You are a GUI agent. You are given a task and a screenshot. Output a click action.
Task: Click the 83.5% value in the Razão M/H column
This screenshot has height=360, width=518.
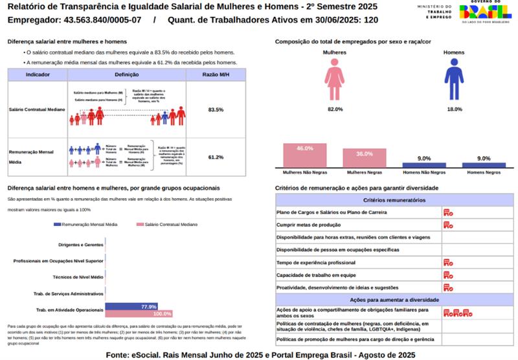pos(216,110)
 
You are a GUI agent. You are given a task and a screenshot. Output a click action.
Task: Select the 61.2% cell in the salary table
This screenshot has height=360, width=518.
pos(216,157)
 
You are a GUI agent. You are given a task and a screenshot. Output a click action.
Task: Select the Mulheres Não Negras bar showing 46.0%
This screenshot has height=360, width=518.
pos(304,156)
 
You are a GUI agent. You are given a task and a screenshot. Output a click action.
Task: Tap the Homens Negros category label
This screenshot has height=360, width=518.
pos(483,173)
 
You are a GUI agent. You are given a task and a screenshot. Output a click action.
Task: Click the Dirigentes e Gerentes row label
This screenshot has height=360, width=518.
pos(81,245)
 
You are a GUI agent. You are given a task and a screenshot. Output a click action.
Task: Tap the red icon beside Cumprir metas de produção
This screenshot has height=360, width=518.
pos(447,225)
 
